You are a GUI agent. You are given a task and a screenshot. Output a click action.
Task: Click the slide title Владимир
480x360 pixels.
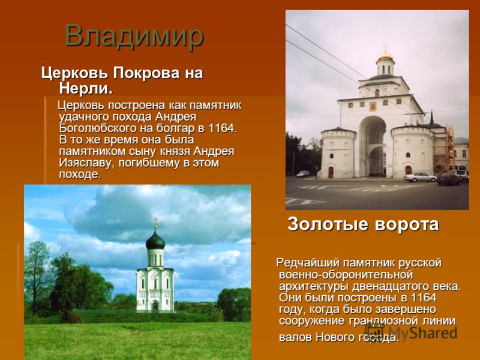click(x=134, y=35)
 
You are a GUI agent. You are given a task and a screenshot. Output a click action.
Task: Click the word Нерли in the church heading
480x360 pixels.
click(x=83, y=88)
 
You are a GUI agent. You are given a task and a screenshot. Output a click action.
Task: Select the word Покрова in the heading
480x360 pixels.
click(x=146, y=73)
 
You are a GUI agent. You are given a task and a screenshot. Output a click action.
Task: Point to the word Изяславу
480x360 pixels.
click(x=87, y=163)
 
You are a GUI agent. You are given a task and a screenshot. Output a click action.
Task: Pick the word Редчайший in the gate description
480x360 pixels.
click(x=308, y=263)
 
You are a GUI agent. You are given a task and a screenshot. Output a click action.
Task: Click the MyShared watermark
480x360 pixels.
click(x=411, y=332)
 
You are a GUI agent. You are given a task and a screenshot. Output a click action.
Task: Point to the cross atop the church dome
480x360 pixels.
click(x=155, y=223)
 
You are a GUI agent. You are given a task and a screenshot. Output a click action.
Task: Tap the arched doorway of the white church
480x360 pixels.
click(x=155, y=305)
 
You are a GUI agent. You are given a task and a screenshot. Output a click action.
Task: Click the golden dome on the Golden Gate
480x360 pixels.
click(x=385, y=56)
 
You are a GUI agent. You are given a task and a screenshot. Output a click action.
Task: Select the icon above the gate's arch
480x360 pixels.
click(x=373, y=107)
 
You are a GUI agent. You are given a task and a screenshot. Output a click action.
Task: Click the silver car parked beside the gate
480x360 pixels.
click(x=420, y=177)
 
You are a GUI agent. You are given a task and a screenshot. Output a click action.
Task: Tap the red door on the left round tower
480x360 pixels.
click(x=331, y=172)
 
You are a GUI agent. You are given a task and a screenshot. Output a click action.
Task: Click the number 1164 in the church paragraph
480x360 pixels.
click(x=220, y=128)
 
